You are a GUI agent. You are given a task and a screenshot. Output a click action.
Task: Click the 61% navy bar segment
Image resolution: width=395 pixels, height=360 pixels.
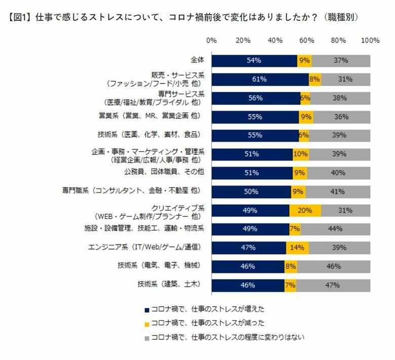pos(260,79)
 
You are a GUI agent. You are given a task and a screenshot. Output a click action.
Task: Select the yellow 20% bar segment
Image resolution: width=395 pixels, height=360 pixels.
pos(305,211)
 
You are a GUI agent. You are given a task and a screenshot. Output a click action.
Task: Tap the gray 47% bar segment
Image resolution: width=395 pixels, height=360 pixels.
pos(333,285)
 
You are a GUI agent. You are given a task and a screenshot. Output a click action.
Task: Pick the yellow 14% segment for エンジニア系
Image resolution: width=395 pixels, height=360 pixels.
pos(297,248)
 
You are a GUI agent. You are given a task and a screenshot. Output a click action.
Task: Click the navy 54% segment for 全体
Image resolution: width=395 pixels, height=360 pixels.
pos(254,61)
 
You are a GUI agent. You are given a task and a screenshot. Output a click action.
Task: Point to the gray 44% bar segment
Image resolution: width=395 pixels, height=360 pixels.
pos(335,229)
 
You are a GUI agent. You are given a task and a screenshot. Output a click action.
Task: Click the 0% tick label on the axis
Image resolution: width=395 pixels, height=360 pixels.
pos(212,41)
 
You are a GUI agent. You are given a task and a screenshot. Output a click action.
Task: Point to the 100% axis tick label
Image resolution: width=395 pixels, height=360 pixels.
pos(370,41)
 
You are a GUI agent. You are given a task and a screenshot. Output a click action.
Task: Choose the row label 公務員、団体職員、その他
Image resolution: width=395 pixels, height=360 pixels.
pos(164,172)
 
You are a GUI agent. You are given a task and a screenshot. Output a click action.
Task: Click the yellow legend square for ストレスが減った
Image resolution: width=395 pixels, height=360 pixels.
pos(147,323)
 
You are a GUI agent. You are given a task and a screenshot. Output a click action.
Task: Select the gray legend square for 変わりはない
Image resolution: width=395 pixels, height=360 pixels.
pos(147,336)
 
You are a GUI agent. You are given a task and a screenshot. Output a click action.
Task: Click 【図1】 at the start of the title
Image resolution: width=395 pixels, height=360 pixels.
pos(20,17)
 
